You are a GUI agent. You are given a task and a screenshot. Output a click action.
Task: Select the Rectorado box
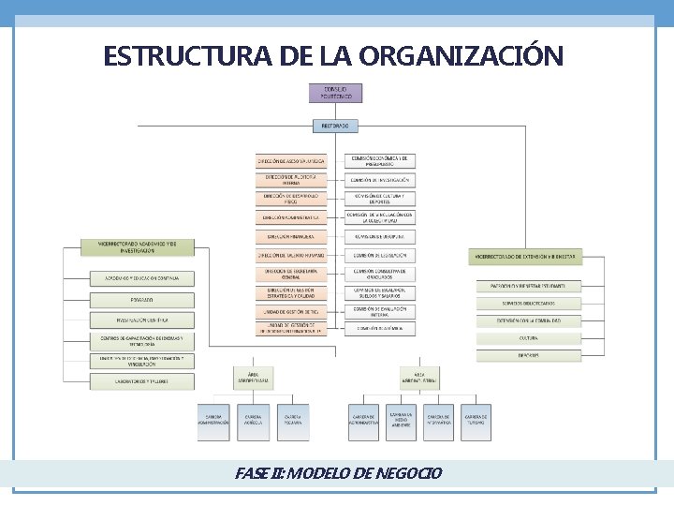[335, 126]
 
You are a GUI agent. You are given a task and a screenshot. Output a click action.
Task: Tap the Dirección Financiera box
[290, 236]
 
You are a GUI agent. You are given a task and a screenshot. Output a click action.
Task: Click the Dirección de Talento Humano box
[290, 255]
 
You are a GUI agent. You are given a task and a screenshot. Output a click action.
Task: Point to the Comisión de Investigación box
[380, 179]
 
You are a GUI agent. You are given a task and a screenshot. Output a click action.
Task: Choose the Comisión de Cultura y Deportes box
[380, 198]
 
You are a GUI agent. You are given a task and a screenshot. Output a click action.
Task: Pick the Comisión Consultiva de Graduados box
[380, 274]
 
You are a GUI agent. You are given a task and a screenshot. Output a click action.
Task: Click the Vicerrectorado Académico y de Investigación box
[142, 246]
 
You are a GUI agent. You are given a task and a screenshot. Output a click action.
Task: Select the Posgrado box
[142, 300]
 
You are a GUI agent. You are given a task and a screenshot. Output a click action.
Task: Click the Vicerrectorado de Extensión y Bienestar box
[527, 255]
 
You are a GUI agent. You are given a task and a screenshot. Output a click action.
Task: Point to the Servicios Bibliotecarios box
[528, 303]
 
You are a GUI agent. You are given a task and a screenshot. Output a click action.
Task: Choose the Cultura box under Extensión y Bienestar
[528, 338]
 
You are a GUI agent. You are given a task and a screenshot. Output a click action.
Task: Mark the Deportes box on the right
[528, 356]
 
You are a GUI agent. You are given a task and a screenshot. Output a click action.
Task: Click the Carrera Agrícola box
[253, 422]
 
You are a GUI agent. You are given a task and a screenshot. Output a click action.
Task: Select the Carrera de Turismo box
[475, 422]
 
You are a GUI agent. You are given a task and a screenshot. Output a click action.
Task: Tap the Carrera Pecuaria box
[292, 422]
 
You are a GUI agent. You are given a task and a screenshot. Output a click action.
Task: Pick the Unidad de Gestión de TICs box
[290, 310]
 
